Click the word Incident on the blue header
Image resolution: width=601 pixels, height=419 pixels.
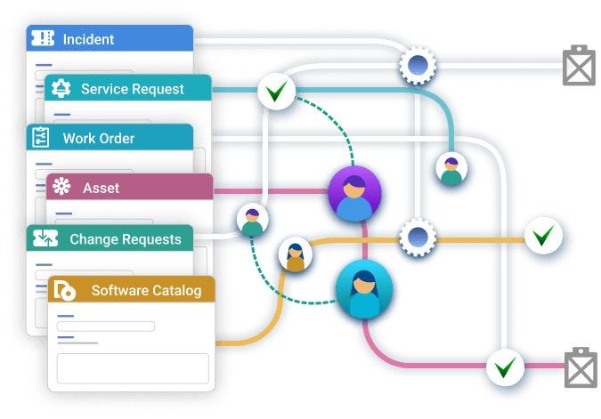(88, 39)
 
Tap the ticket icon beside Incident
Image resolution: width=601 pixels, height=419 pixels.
(43, 38)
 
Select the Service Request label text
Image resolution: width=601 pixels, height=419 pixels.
(133, 89)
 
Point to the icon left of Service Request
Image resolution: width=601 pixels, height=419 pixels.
(61, 88)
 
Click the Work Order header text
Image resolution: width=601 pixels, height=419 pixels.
(99, 138)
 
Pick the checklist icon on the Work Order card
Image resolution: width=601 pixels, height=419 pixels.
(41, 138)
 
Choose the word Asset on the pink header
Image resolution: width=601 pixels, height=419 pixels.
(101, 188)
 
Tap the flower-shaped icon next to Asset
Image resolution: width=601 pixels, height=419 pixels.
(61, 188)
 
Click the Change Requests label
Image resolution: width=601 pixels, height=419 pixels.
(125, 238)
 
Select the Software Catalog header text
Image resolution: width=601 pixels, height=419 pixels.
(146, 290)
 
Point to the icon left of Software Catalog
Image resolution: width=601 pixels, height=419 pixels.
(65, 290)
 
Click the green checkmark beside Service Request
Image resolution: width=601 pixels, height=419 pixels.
(277, 90)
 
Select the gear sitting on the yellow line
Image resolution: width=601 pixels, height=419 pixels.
(416, 237)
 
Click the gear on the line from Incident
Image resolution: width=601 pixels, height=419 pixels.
(416, 64)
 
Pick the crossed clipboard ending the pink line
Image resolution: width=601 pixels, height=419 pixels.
(580, 367)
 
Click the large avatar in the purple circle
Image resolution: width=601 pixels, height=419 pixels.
(354, 193)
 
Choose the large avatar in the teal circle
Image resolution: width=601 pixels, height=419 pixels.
(363, 290)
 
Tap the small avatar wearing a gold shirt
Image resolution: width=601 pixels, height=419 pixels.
(296, 255)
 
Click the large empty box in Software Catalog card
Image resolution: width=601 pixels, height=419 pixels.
(133, 367)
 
